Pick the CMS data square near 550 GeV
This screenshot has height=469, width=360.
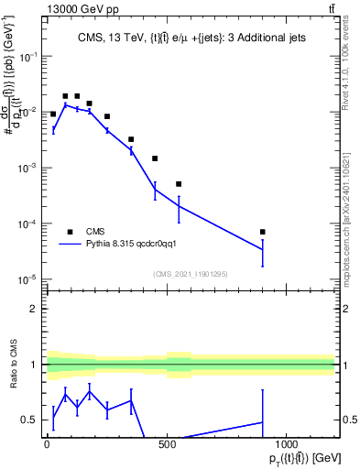point(179,184)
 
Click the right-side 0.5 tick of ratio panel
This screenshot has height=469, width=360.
point(348,420)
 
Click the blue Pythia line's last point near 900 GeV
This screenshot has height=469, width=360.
point(263,249)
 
